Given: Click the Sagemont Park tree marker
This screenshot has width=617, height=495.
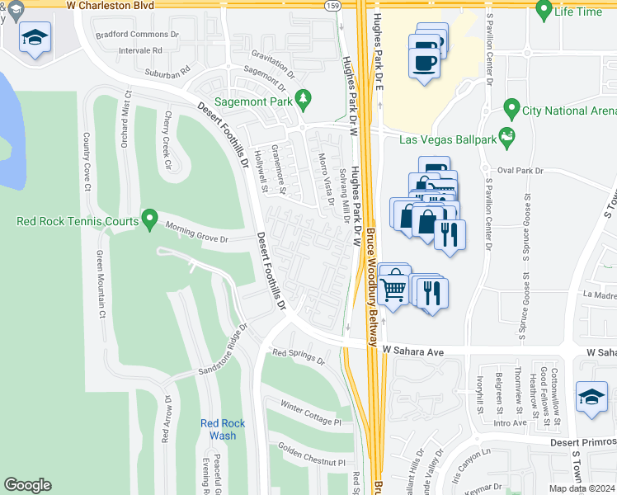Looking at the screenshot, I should pyautogui.click(x=304, y=99).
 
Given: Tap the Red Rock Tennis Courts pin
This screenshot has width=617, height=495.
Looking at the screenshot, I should pyautogui.click(x=149, y=219).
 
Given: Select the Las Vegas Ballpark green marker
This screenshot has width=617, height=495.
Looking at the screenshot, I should pyautogui.click(x=506, y=134).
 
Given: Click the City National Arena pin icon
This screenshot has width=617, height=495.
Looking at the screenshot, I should pyautogui.click(x=511, y=109).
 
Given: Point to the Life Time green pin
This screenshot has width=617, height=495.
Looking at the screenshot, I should pyautogui.click(x=544, y=10).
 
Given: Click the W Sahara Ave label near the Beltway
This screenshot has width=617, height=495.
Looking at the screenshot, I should pyautogui.click(x=413, y=351).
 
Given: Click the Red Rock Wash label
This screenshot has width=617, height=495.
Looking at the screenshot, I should pyautogui.click(x=218, y=430).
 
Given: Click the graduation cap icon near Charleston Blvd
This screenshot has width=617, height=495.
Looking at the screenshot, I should pyautogui.click(x=35, y=38).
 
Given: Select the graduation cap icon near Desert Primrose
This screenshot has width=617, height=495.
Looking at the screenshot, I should pyautogui.click(x=591, y=398).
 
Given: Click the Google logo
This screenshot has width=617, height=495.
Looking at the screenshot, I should pyautogui.click(x=28, y=485).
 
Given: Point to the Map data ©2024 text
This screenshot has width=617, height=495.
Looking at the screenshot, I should pyautogui.click(x=581, y=488).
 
